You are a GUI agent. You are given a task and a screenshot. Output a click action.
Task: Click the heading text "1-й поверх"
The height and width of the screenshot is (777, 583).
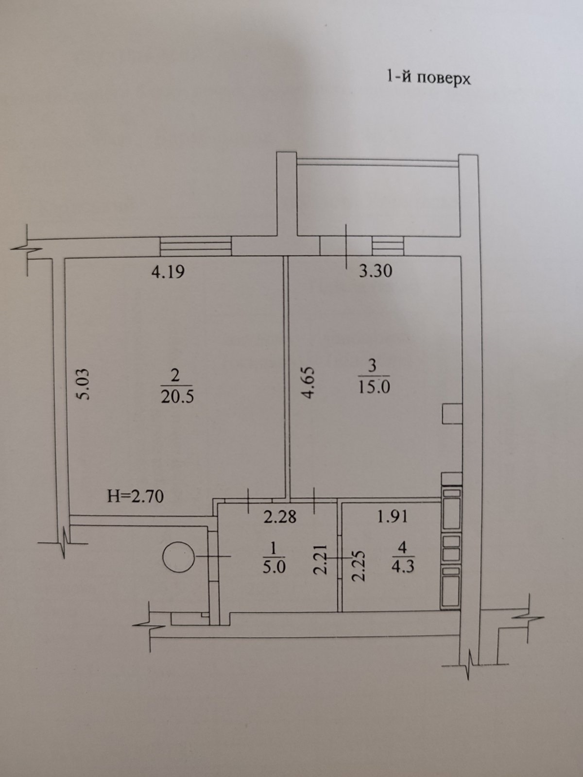(429, 78)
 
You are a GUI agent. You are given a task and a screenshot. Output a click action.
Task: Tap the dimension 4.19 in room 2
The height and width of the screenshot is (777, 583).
(168, 272)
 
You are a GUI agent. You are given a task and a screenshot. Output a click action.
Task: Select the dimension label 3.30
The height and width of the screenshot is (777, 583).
(376, 271)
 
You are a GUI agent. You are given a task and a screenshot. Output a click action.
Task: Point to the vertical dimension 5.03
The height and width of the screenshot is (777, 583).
(83, 384)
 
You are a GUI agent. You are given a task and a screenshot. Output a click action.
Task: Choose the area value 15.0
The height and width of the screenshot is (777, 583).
(374, 387)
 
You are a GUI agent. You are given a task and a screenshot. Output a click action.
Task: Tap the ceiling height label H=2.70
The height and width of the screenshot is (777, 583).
(136, 496)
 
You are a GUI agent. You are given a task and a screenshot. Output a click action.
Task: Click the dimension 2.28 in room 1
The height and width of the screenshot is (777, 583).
(280, 517)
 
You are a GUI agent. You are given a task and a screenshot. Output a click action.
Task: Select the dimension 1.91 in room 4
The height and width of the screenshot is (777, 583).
(392, 517)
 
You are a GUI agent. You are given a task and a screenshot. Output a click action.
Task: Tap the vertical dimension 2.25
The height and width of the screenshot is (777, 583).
(359, 566)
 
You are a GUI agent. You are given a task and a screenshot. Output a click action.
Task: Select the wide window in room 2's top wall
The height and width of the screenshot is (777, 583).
(196, 246)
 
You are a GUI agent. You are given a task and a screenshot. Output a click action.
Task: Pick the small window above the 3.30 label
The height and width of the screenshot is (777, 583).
(388, 246)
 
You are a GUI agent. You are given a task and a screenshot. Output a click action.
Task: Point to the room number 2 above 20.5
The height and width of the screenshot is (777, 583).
(175, 375)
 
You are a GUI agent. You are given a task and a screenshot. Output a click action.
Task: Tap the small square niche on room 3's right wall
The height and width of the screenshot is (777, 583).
(452, 414)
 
